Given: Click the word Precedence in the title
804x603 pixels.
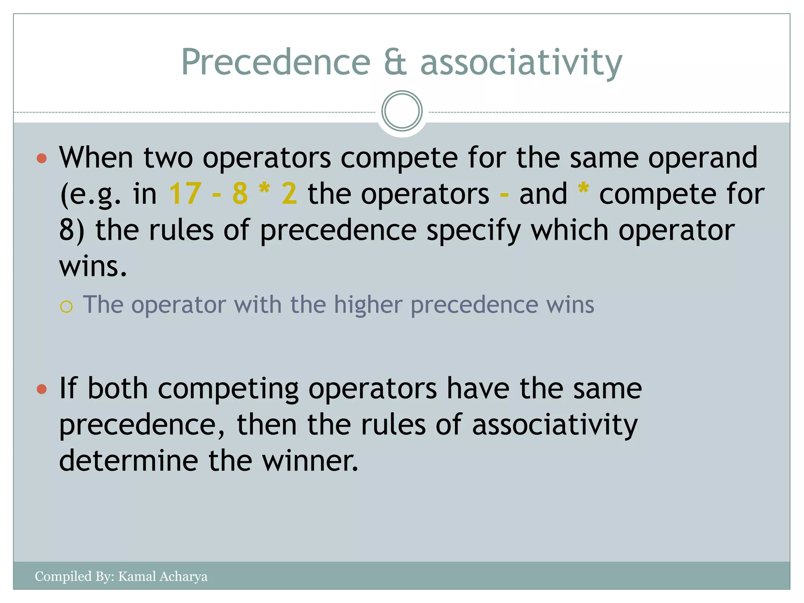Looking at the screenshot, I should (x=276, y=62).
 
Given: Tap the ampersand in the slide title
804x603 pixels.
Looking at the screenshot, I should (x=395, y=62).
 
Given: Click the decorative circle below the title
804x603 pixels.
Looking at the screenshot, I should (x=402, y=111).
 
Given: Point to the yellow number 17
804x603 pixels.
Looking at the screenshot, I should (x=185, y=194).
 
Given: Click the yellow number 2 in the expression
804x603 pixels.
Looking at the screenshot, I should (x=289, y=194).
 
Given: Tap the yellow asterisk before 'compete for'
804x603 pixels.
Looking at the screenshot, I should (x=583, y=189).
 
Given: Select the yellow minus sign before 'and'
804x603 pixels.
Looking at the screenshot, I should (x=504, y=194).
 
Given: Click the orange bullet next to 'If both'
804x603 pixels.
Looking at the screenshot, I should (x=42, y=389).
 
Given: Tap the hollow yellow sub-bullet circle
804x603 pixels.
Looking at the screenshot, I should (x=66, y=307).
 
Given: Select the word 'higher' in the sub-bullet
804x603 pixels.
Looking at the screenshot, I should (x=368, y=305).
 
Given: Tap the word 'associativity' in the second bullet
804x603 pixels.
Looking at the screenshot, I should (x=555, y=425).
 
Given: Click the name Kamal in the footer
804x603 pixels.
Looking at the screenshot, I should (x=135, y=576).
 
